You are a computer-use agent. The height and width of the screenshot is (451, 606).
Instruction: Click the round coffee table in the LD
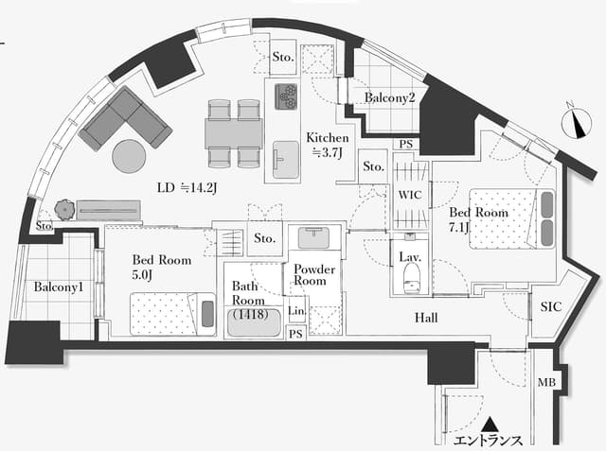coord(129,156)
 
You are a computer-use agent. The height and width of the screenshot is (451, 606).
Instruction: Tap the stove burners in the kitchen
coord(286,96)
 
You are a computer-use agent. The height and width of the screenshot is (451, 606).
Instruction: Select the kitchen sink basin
coord(286,160)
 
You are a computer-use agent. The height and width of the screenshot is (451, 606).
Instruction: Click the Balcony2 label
coord(389,97)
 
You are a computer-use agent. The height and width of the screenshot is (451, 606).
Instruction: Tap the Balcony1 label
coord(59,286)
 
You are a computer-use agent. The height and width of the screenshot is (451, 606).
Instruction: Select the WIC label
coord(410,195)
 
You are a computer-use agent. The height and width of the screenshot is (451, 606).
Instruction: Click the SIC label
coord(551,306)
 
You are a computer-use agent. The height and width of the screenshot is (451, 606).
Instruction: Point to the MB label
coord(547,382)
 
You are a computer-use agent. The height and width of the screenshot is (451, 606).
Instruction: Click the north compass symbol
coord(577,122)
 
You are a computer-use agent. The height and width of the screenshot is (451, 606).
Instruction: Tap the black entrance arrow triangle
coord(490,424)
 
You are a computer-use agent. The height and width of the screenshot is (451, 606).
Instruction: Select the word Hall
coord(426,318)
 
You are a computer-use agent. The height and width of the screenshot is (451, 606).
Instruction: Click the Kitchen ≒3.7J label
coord(328,146)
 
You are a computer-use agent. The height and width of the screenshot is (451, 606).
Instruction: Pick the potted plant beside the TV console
coord(64,210)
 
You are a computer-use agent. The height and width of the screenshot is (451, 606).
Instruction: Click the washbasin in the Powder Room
coord(313,236)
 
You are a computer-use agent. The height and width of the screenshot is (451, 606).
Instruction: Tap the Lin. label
coord(296,310)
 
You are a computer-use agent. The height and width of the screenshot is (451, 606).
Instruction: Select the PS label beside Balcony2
coord(406,144)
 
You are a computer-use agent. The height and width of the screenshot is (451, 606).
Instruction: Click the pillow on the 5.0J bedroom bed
coord(207,314)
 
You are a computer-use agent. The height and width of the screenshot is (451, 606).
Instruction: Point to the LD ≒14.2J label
coord(187,188)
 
